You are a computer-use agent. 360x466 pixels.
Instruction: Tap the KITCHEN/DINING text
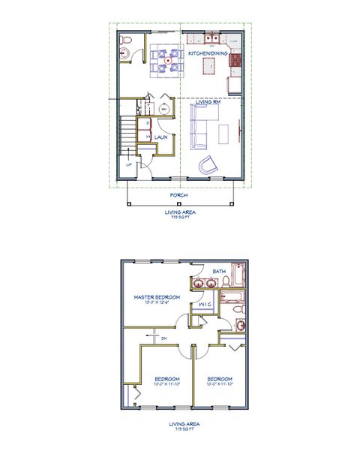click(x=208, y=53)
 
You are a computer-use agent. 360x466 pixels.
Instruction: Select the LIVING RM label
click(x=208, y=102)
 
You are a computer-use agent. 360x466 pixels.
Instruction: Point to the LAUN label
click(x=160, y=137)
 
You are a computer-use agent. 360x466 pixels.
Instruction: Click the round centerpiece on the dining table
click(x=167, y=60)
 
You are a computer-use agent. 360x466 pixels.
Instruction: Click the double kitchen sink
click(x=209, y=38)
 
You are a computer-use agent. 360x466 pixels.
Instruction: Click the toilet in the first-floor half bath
click(x=126, y=42)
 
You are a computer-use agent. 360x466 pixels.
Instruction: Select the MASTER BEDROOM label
click(x=157, y=297)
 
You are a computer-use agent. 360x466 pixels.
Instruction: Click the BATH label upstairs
click(x=219, y=271)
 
